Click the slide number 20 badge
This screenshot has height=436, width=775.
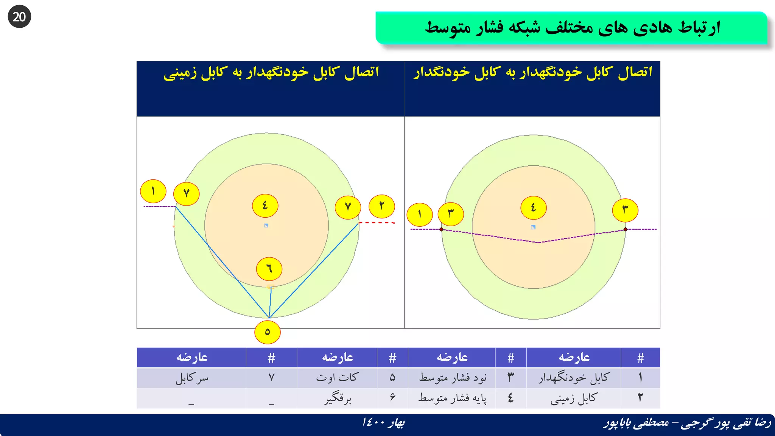click(x=19, y=17)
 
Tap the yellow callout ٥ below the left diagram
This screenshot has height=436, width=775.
click(x=267, y=332)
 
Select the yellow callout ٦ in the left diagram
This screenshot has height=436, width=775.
click(x=269, y=269)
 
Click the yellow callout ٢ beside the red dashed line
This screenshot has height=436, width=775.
click(x=382, y=206)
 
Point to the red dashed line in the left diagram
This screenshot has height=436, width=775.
click(x=377, y=223)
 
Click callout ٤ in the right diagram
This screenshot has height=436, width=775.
click(x=533, y=207)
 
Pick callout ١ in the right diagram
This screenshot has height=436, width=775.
click(x=420, y=215)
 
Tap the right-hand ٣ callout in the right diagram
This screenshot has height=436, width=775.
click(x=625, y=210)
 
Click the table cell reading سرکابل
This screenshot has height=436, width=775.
click(x=191, y=378)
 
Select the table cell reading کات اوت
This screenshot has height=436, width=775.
click(x=337, y=378)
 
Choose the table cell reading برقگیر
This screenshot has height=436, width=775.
click(x=337, y=398)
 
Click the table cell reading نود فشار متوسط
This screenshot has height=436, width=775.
click(x=452, y=378)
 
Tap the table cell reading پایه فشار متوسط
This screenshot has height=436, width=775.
click(x=452, y=398)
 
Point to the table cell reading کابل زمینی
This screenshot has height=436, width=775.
click(x=574, y=398)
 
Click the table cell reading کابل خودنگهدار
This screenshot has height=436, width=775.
click(x=574, y=378)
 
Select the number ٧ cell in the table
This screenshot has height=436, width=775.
click(x=271, y=378)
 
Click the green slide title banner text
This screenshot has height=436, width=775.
click(x=572, y=28)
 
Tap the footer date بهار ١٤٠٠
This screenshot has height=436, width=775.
click(x=383, y=422)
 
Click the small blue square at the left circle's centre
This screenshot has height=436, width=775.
click(x=266, y=226)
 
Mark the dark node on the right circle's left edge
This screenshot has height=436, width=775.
click(x=441, y=229)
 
